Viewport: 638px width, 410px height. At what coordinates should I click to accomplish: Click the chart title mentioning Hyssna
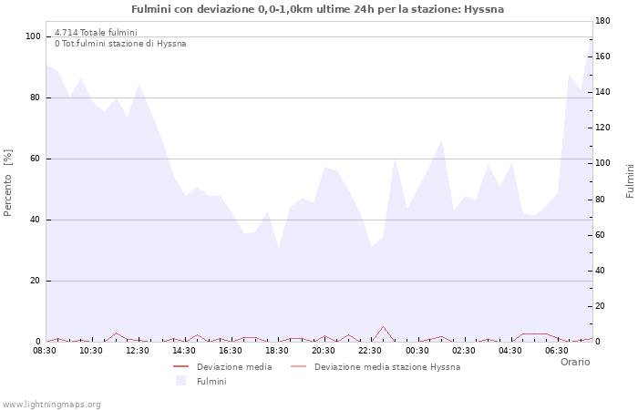pyautogui.click(x=317, y=9)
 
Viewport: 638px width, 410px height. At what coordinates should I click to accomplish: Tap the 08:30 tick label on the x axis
pyautogui.click(x=45, y=350)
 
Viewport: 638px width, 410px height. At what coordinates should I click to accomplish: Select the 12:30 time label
pyautogui.click(x=138, y=350)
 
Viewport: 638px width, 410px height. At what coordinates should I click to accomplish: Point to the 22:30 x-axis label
pyautogui.click(x=371, y=350)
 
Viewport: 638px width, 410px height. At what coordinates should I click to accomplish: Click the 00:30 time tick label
pyautogui.click(x=417, y=350)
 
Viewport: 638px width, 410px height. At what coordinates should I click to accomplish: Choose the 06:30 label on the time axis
pyautogui.click(x=557, y=350)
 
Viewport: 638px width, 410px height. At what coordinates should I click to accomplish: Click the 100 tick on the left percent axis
pyautogui.click(x=34, y=36)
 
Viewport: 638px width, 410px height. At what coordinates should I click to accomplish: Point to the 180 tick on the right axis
pyautogui.click(x=603, y=20)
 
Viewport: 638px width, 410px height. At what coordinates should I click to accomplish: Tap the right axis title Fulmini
pyautogui.click(x=630, y=181)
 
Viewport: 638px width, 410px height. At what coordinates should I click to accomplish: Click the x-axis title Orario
pyautogui.click(x=575, y=362)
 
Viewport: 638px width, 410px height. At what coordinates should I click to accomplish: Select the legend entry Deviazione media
pyautogui.click(x=233, y=367)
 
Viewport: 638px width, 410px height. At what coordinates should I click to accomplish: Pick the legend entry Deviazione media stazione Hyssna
pyautogui.click(x=386, y=367)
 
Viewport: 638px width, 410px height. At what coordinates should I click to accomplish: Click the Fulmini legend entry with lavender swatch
pyautogui.click(x=211, y=382)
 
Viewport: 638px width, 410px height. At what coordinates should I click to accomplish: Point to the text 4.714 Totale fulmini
pyautogui.click(x=96, y=33)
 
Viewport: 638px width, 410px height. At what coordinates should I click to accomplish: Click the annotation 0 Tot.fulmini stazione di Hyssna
pyautogui.click(x=120, y=44)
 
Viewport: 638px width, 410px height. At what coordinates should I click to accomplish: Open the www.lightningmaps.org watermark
pyautogui.click(x=52, y=404)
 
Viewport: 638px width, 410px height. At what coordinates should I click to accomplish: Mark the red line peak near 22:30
pyautogui.click(x=384, y=326)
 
